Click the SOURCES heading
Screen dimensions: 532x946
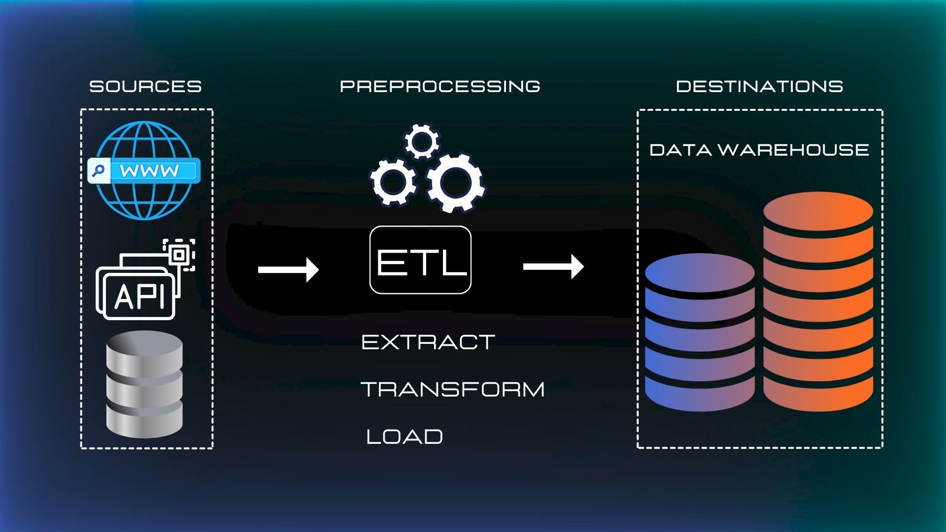tap(145, 87)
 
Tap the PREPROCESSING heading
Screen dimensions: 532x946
tap(440, 87)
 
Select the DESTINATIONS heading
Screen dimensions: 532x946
tap(759, 87)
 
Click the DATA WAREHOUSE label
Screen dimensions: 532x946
tap(759, 150)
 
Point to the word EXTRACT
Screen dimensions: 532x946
tap(428, 342)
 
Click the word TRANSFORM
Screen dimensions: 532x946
tap(453, 390)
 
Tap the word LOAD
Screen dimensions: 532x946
tap(405, 437)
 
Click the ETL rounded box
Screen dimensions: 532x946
tap(420, 260)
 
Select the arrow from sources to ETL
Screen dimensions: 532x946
tap(289, 269)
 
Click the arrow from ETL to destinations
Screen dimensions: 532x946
tap(553, 266)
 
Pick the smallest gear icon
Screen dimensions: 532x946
tap(422, 141)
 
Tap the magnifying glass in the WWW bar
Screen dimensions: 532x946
tap(99, 171)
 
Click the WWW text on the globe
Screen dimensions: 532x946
tap(150, 171)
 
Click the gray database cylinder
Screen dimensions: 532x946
tap(144, 384)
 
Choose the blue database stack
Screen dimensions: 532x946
tap(700, 332)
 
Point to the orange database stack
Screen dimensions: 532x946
tap(818, 301)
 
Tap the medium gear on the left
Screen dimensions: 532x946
tap(393, 181)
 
